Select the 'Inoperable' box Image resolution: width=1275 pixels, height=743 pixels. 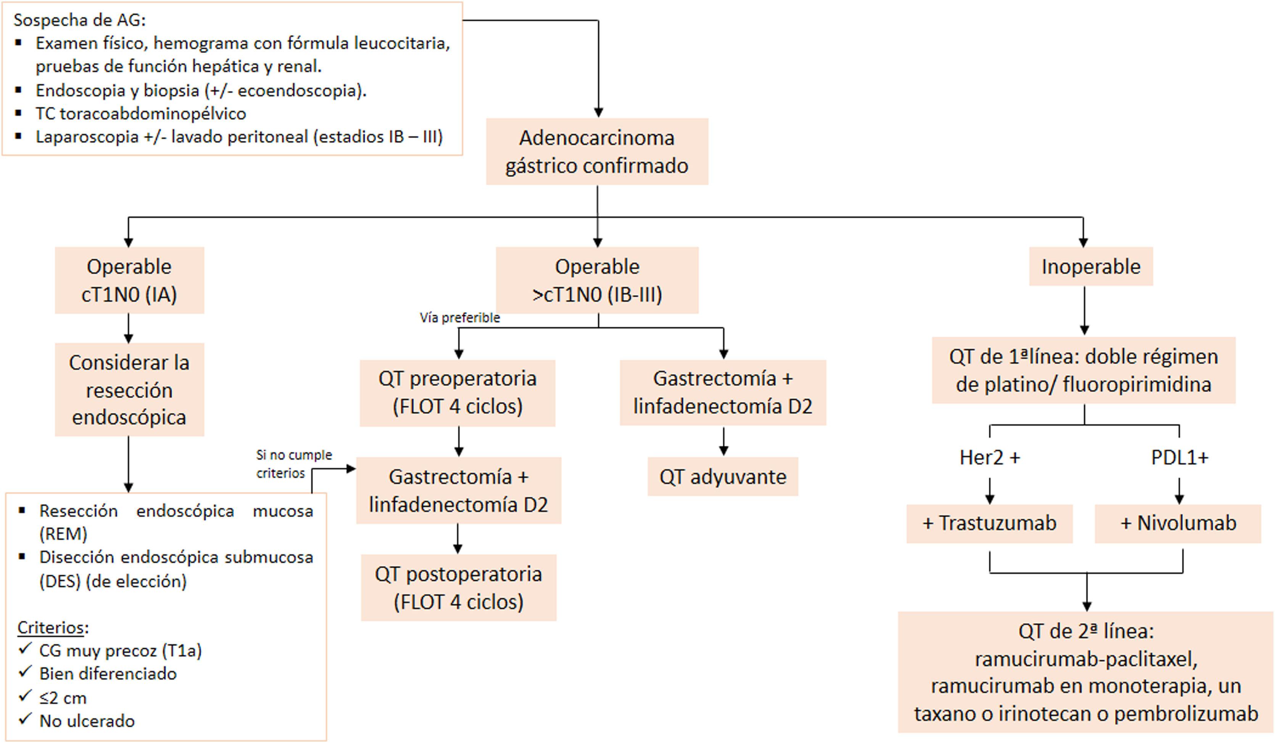pos(1091,266)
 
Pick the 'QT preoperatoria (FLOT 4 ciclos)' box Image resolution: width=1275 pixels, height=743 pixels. pos(458,393)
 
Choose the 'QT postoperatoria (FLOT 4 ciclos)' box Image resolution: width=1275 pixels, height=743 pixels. pos(458,587)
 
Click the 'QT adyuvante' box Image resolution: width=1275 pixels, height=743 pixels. pos(722,477)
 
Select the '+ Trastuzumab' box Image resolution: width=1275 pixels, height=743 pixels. pos(989,523)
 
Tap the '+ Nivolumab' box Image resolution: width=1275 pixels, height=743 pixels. pos(1178,523)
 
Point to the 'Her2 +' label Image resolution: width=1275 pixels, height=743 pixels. pos(990,457)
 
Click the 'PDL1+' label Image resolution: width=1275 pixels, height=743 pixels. pos(1179,457)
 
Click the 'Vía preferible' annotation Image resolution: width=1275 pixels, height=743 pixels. pos(459,318)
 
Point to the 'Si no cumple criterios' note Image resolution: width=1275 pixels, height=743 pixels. pos(293,463)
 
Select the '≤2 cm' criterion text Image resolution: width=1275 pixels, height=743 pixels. pos(63,698)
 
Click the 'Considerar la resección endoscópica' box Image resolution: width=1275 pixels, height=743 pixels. pos(129,390)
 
